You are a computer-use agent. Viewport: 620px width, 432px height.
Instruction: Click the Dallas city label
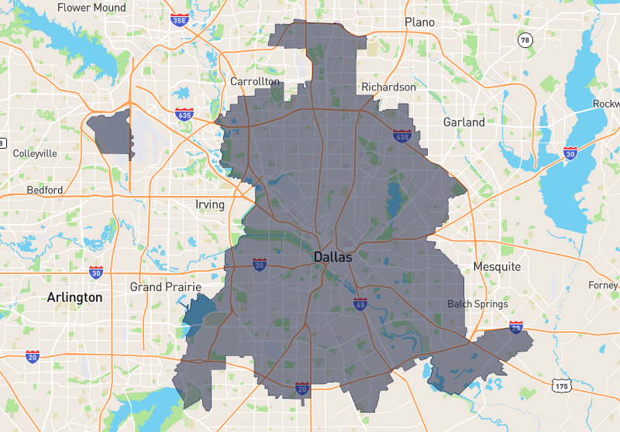(332, 257)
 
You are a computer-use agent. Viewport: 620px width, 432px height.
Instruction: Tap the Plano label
(419, 22)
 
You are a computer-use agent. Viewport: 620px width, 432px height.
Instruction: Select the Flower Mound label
(91, 8)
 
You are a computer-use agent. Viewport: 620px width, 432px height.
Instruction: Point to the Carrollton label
(255, 81)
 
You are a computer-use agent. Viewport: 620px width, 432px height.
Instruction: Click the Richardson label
(389, 87)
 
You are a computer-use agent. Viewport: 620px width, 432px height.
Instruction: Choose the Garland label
(464, 122)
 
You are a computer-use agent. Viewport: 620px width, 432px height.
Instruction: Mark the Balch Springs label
(477, 304)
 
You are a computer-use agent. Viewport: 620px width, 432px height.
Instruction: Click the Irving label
(210, 205)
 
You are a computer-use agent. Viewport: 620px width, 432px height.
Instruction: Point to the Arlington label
(74, 297)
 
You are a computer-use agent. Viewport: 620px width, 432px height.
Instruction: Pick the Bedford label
(45, 190)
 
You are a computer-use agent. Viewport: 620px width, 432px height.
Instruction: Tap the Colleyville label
(35, 153)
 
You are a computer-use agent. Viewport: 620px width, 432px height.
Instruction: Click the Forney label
(603, 285)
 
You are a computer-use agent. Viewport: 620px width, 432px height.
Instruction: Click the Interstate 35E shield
(179, 19)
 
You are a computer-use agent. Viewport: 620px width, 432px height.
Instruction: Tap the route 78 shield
(525, 40)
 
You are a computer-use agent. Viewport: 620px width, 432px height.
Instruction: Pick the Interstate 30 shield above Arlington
(95, 272)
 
